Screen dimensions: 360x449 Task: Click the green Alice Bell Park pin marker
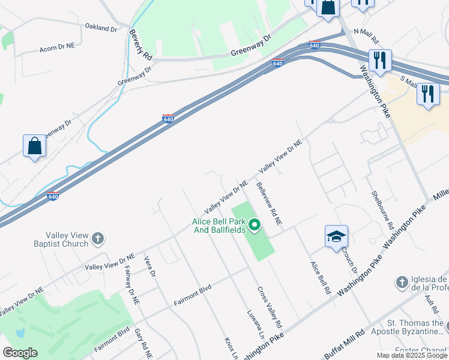255,226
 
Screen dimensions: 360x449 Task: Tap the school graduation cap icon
336,236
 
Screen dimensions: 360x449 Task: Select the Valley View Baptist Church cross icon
98,239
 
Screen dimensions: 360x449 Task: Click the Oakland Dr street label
101,28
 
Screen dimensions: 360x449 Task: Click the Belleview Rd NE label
270,204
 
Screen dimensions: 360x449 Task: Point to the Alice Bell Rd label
321,277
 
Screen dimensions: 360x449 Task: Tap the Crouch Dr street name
350,260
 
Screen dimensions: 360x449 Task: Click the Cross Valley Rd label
270,303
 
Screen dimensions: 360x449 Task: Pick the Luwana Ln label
255,324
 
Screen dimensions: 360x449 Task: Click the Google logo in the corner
20,353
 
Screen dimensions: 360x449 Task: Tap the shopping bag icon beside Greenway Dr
35,146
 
